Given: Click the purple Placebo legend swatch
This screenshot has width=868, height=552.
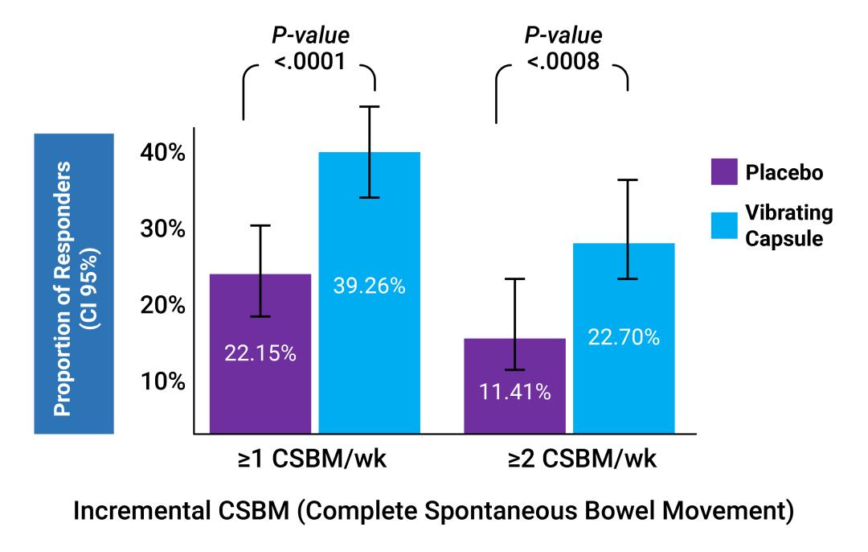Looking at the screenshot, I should tap(725, 172).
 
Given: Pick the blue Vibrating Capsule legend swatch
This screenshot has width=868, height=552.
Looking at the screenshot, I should tap(725, 225).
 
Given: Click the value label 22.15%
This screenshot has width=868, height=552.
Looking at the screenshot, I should tap(260, 352).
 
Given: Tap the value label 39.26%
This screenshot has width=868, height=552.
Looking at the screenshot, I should tap(369, 285).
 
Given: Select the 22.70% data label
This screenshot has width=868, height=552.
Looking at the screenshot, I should tap(624, 337).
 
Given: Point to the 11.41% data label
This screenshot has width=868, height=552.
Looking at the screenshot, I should tap(514, 392).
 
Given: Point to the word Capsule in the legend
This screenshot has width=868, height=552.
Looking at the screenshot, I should tap(784, 239).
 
